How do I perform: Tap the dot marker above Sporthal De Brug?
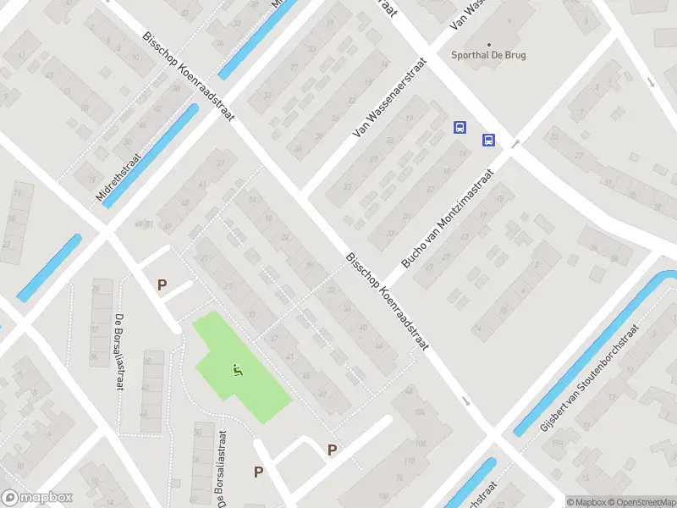(x=489, y=45)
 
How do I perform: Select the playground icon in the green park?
(x=238, y=369)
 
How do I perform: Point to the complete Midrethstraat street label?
(x=121, y=172)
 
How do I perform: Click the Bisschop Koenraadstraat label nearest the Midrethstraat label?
(x=189, y=77)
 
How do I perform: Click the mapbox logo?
(x=37, y=498)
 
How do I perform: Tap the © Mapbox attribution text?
(x=587, y=502)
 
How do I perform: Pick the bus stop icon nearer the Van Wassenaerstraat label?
(x=460, y=128)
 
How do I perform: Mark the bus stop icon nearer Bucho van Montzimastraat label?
(x=488, y=140)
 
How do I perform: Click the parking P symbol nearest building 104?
(x=333, y=450)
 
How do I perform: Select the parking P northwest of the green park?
(x=162, y=285)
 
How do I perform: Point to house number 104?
(x=421, y=411)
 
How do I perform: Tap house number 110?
(x=410, y=462)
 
